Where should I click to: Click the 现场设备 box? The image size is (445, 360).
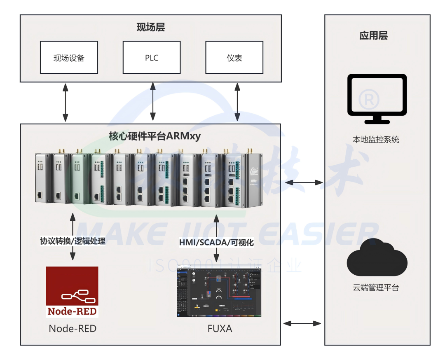click(69, 57)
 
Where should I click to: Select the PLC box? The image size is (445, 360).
click(152, 57)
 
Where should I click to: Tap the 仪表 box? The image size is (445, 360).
click(234, 57)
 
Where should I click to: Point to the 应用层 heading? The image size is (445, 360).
click(373, 35)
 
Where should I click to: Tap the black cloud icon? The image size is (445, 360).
click(377, 259)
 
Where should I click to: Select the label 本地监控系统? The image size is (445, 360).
click(376, 140)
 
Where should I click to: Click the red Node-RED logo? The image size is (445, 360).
click(72, 292)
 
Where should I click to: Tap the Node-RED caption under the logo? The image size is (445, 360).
click(73, 328)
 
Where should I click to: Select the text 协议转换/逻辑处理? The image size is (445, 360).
click(73, 241)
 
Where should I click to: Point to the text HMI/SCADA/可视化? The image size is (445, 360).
click(216, 243)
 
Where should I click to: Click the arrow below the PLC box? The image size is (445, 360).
click(153, 101)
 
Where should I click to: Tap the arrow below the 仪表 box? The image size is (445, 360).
click(237, 101)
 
